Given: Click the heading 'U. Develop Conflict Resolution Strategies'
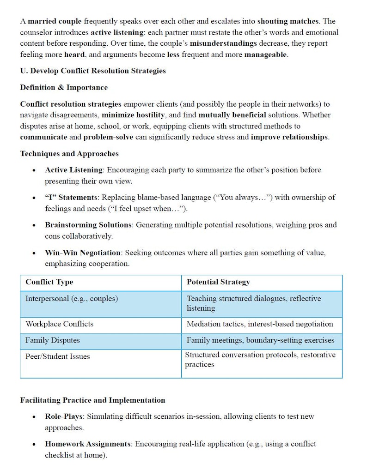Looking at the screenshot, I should tap(93, 71).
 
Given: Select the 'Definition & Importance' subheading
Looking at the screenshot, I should tap(64, 88).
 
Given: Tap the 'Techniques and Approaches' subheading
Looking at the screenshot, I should tap(69, 154).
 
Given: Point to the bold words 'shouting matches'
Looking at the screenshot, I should tap(288, 21).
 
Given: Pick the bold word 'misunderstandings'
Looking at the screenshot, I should tap(223, 43).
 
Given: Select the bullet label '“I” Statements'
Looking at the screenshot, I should tap(71, 198).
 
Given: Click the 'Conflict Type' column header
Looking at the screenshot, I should tap(49, 282).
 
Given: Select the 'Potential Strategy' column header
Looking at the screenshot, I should tap(218, 282).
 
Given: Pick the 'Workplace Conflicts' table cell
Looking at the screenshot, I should tap(59, 324).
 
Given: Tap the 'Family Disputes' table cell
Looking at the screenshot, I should tap(52, 340).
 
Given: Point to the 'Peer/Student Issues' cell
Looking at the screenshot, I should tap(57, 356).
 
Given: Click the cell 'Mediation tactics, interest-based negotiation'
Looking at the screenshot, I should tap(260, 324).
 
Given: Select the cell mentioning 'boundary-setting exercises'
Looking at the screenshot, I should tap(260, 340).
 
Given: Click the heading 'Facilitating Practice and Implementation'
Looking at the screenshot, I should tap(92, 400).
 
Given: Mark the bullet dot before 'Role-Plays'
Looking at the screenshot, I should tap(34, 417).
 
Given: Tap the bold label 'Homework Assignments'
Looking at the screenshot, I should tap(88, 444).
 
